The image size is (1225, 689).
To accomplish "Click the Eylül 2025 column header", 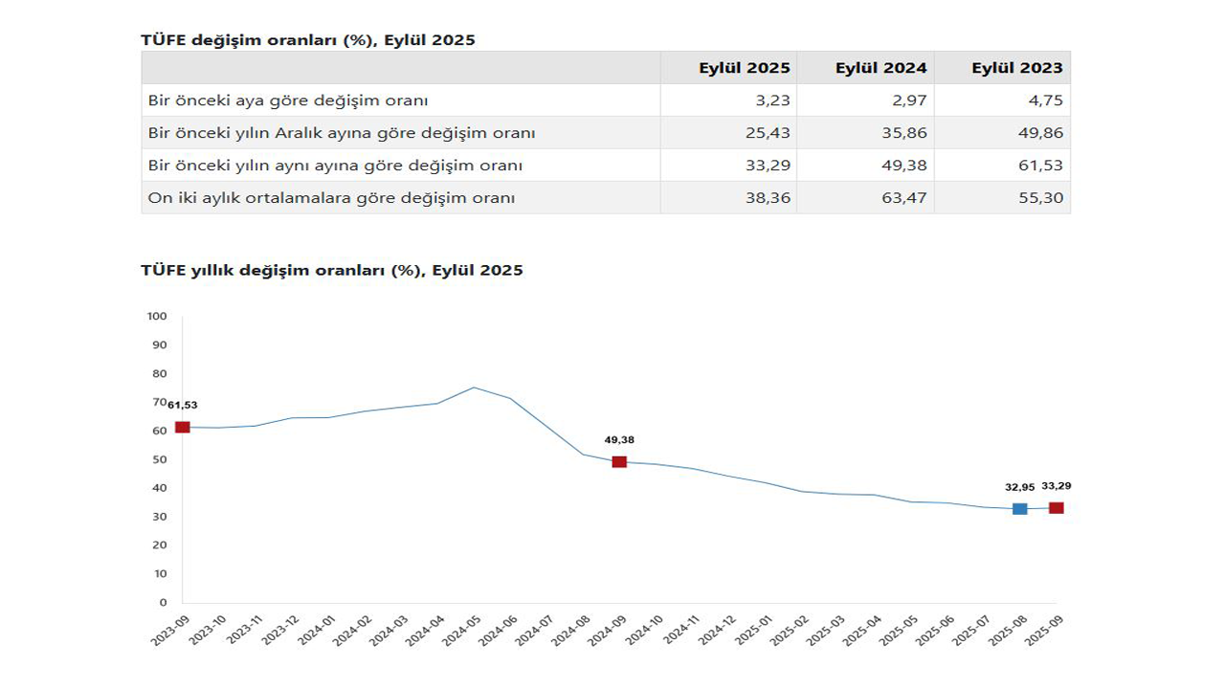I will coord(745,68).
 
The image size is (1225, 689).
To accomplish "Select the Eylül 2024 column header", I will coord(880,68).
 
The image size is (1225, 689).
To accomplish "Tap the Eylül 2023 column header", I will coord(1016,68).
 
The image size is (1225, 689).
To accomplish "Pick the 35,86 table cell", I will coord(904,133).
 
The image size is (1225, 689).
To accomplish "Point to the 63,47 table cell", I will coord(904,198).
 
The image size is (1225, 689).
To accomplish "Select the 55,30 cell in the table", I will coord(1040,198).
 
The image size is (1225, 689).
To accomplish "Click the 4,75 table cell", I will coord(1045,100).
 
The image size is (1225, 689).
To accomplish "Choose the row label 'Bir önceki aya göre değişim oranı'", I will coord(288,100).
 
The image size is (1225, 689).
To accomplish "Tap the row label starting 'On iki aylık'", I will coord(331,198).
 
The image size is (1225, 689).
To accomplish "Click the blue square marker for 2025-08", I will coord(1020,509).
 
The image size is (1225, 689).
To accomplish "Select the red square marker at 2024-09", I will coord(619,462).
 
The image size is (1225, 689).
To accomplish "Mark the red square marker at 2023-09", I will coord(182,427).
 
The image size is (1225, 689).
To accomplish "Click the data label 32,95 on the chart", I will coord(1019,487).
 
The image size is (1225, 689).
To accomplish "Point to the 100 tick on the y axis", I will coord(157,316).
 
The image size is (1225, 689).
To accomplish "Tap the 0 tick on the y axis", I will coord(163,603).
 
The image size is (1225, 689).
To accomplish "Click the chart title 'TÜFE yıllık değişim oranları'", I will coord(331,271).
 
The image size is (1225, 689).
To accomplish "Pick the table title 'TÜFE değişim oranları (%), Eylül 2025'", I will coord(307,40).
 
